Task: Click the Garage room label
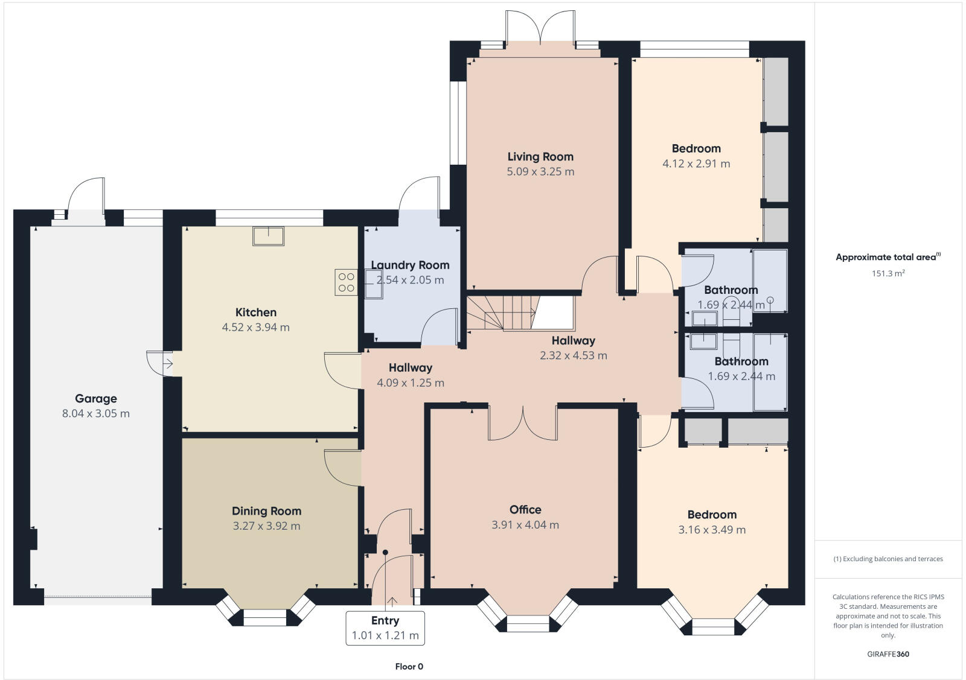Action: click(x=96, y=398)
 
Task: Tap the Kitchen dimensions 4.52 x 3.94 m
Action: click(x=255, y=328)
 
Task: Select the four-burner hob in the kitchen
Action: click(x=347, y=282)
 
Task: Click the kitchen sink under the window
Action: click(x=268, y=236)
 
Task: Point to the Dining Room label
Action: click(x=266, y=511)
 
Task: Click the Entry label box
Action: click(x=385, y=628)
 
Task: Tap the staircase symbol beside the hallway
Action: click(x=501, y=313)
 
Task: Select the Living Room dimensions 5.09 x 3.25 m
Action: click(x=540, y=171)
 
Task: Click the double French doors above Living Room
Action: click(x=540, y=27)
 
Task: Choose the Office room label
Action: click(x=525, y=510)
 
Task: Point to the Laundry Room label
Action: click(x=410, y=265)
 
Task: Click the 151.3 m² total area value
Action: click(x=888, y=273)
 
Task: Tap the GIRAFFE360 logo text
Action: click(x=888, y=654)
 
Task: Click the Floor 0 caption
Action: click(x=409, y=667)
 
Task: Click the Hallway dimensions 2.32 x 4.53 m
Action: click(x=573, y=355)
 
